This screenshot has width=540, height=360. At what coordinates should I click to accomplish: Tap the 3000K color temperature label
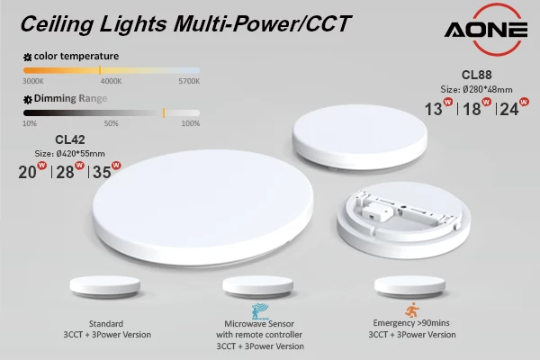(x=32, y=81)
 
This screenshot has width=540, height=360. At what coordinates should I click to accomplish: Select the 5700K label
(x=189, y=81)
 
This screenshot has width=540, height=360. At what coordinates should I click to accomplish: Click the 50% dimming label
(x=112, y=123)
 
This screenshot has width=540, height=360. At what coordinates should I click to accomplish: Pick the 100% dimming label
(x=191, y=123)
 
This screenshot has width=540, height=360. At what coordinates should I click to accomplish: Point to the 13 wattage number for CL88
(x=434, y=110)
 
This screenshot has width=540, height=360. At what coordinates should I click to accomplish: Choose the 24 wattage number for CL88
(x=508, y=110)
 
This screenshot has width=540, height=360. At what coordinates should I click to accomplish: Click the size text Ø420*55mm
(x=70, y=153)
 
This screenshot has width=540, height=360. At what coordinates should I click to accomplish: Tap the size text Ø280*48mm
(x=477, y=90)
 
